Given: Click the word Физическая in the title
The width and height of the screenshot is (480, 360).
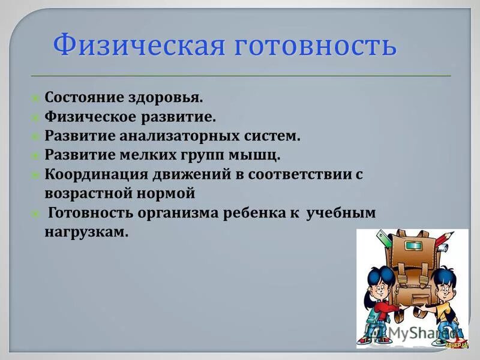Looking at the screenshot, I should point(135,46).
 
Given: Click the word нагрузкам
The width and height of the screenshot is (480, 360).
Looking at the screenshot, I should point(86,233).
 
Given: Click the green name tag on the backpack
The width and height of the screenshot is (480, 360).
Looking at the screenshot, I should point(415,245).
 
